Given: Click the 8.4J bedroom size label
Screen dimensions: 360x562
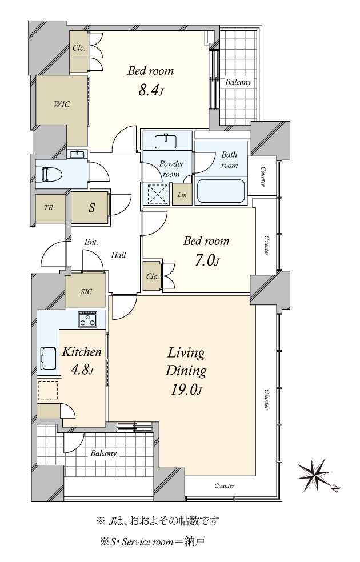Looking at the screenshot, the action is [x=151, y=91].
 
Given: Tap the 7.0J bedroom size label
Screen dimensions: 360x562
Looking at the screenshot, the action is [x=206, y=260].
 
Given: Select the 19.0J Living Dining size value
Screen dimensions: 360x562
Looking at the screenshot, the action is [x=185, y=390].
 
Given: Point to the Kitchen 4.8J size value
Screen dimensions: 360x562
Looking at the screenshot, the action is [x=82, y=370].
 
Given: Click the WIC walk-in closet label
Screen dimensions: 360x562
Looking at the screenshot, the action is [x=62, y=105].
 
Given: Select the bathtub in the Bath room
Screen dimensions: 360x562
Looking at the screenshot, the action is [x=221, y=191].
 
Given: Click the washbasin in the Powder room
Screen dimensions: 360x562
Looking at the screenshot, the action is [x=166, y=141].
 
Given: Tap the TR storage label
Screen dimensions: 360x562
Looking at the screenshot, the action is [x=49, y=207].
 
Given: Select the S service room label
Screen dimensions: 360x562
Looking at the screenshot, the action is [x=92, y=207].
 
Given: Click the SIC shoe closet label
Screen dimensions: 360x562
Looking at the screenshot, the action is [x=86, y=292].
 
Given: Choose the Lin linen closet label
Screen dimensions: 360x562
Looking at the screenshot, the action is [x=182, y=195].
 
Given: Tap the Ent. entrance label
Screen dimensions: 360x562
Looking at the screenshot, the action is [x=91, y=242].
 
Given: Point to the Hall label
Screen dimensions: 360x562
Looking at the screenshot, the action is [x=118, y=255].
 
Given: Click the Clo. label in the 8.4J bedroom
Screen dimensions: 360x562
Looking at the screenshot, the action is [x=79, y=47].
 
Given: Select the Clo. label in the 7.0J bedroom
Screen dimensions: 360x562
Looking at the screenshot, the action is [x=153, y=276].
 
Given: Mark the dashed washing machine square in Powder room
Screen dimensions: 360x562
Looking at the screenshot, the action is [x=158, y=194].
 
